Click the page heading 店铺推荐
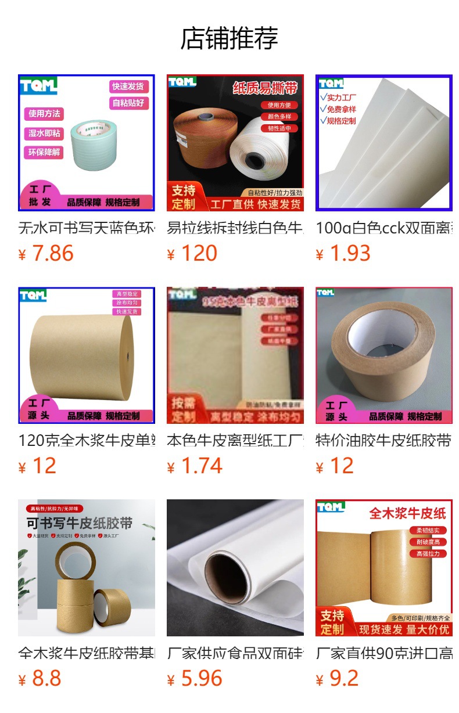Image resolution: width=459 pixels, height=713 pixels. tap(229, 38)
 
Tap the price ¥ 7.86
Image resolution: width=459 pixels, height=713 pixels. tap(46, 254)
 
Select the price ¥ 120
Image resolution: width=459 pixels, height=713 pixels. tap(192, 254)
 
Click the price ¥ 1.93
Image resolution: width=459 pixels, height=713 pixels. tap(343, 254)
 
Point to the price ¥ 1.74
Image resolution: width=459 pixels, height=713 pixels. tap(195, 466)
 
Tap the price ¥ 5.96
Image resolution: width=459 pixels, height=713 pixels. tap(195, 679)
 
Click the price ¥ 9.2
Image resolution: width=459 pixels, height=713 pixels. tap(337, 679)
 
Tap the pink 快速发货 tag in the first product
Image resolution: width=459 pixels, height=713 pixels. tap(129, 87)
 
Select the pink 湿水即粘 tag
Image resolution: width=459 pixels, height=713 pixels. tap(44, 133)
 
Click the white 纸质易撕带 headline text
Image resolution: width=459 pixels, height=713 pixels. tap(265, 88)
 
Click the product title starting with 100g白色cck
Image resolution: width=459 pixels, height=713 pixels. tap(383, 228)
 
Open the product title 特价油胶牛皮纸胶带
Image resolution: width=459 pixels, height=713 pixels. tap(383, 441)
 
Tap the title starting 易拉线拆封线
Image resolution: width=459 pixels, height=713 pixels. tap(235, 228)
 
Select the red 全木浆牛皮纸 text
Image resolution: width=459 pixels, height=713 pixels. tap(407, 513)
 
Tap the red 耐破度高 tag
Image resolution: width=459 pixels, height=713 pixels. tap(428, 542)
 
